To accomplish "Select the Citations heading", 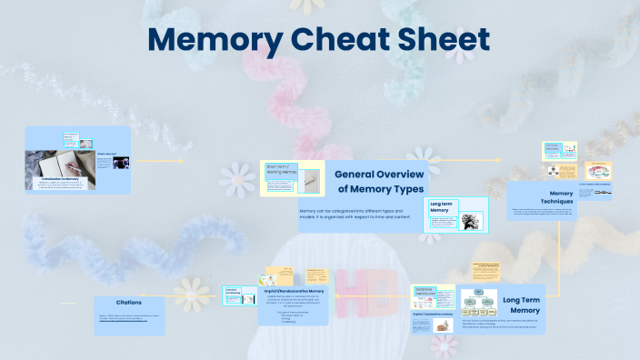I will [x=129, y=302].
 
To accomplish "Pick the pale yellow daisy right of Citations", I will [x=191, y=291].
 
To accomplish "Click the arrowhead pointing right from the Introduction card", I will [x=182, y=162].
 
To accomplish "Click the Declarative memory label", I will [x=425, y=291].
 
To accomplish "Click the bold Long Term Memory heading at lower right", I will [x=521, y=305].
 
